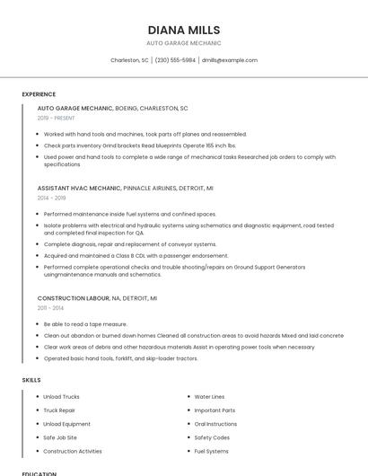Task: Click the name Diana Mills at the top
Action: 183,30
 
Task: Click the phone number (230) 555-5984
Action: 175,60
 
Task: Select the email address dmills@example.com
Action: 229,60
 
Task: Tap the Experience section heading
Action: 39,94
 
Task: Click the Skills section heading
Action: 31,380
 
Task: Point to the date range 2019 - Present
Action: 57,119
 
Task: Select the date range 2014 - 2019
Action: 52,198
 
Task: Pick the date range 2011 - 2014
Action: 51,307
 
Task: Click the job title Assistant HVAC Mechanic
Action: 79,189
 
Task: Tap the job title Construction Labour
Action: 73,298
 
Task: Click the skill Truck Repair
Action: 59,410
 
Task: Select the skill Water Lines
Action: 209,397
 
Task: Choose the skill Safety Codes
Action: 212,437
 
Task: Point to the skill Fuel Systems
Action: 212,451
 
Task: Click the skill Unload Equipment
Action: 66,424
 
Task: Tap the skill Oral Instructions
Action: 215,424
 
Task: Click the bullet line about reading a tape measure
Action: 85,324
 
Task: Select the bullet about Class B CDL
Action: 136,255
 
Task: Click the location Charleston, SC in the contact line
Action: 129,60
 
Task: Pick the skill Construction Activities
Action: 72,451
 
